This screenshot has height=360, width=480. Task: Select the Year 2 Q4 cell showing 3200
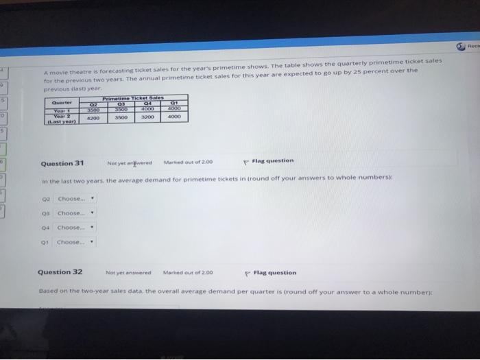147,117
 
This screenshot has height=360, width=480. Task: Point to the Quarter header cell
62,104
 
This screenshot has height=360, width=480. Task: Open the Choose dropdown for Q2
76,200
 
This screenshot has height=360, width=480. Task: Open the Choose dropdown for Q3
76,213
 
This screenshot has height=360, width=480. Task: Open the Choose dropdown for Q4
76,227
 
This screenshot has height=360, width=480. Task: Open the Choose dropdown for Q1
76,241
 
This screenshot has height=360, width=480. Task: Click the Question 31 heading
62,163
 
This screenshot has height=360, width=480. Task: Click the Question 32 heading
60,272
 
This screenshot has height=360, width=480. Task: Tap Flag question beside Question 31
272,161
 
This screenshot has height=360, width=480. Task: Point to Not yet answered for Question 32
128,273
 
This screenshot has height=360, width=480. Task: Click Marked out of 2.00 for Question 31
189,163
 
